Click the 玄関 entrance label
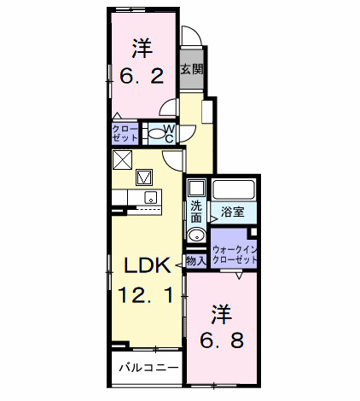[x=192, y=70]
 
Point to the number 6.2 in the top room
[x=141, y=75]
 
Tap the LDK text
[x=148, y=264]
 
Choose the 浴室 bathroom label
[x=233, y=211]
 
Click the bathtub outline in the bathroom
[x=235, y=190]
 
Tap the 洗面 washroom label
[x=196, y=211]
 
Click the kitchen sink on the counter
[x=150, y=199]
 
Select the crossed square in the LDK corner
[x=122, y=159]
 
